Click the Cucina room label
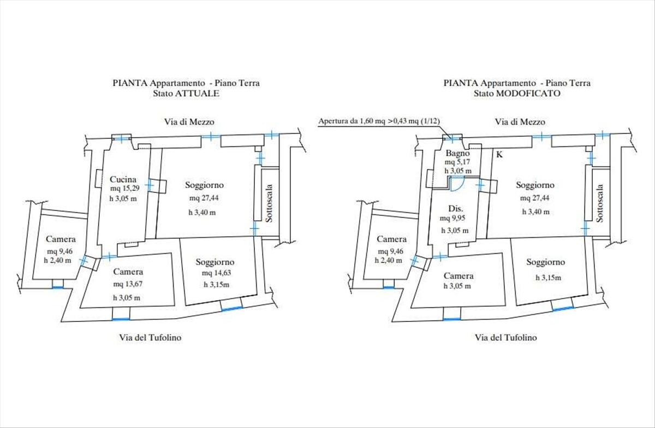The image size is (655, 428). click(123, 179)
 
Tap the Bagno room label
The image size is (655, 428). click(457, 153)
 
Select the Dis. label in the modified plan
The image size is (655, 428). click(456, 208)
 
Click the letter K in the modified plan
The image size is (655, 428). click(499, 154)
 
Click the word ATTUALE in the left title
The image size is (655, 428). click(197, 93)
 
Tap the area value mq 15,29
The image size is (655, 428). click(125, 188)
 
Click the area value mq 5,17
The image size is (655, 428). click(457, 162)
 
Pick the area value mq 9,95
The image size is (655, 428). click(452, 218)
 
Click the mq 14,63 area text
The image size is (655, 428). click(216, 273)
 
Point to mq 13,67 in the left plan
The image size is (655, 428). click(128, 284)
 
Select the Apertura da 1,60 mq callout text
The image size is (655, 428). click(379, 121)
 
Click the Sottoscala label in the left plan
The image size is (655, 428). click(269, 203)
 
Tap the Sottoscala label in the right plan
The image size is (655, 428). click(600, 203)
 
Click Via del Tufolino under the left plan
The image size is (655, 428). click(150, 338)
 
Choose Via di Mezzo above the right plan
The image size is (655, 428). click(520, 122)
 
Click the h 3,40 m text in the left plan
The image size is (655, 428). click(202, 212)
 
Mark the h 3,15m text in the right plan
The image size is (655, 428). click(548, 278)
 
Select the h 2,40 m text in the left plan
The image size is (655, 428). click(58, 260)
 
